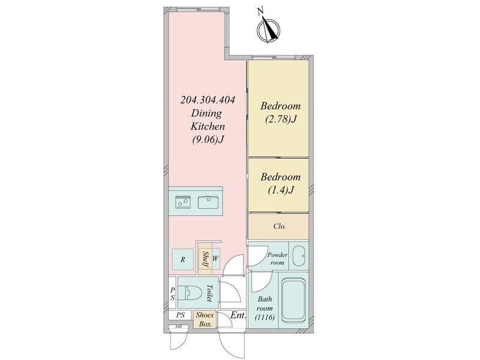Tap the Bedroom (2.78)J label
point(280,112)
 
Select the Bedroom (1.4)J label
point(280,184)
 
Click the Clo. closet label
point(280,226)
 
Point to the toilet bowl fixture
point(190,293)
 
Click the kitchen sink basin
point(208,202)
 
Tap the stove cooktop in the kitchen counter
point(182,202)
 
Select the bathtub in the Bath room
point(293,300)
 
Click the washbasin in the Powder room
point(298,256)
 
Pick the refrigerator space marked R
point(183,260)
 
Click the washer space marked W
point(215,259)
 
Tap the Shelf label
point(206,259)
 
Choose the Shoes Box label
point(205,319)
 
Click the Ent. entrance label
point(238,315)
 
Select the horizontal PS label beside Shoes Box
point(181,315)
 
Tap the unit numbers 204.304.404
point(208,100)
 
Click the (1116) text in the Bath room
point(265,317)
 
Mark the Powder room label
point(278,259)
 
